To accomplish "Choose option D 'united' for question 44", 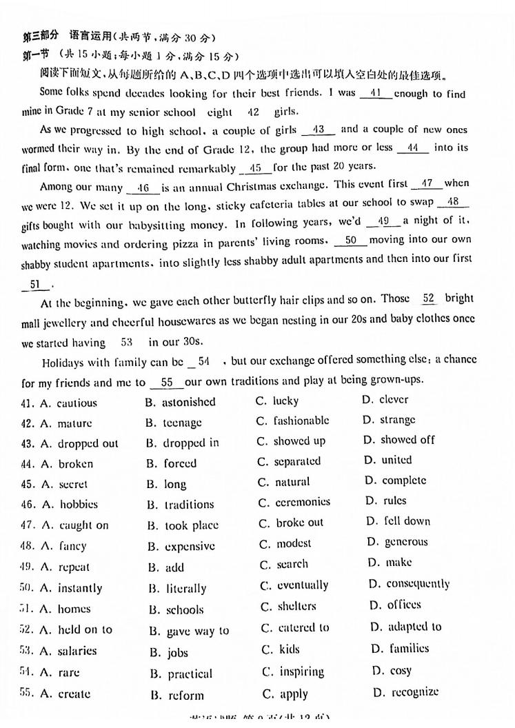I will [x=396, y=460].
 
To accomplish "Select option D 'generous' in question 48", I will [x=406, y=542].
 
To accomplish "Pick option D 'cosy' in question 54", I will [x=400, y=670].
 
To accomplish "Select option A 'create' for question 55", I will [x=74, y=694].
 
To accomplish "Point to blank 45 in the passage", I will [x=255, y=167].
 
